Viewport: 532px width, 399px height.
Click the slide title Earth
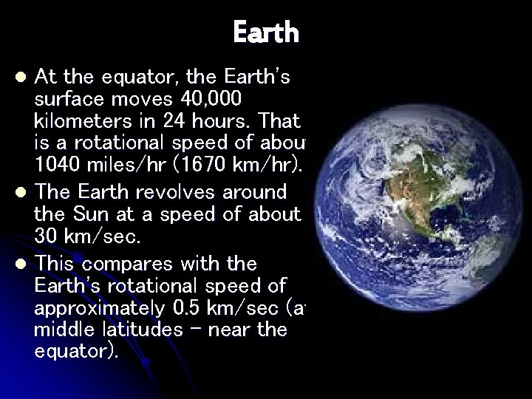click(266, 33)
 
